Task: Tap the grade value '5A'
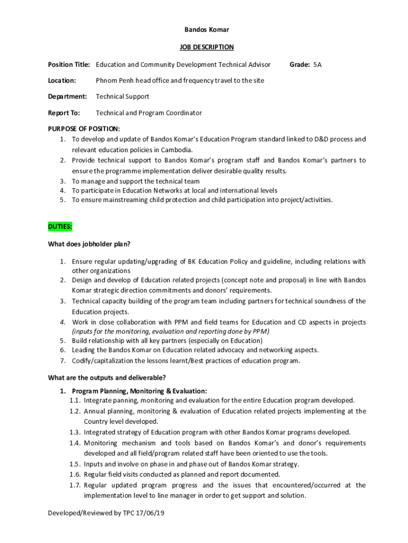(x=317, y=65)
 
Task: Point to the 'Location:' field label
(x=62, y=81)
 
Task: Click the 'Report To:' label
(x=64, y=113)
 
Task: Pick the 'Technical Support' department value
(x=122, y=97)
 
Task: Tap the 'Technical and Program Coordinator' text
(x=149, y=113)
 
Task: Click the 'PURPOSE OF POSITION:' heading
(x=84, y=129)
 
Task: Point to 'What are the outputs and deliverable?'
(x=107, y=378)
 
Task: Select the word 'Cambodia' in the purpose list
(x=176, y=150)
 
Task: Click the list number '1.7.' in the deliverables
(x=75, y=485)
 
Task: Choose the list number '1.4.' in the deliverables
(x=75, y=443)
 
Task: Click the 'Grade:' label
(x=299, y=65)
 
